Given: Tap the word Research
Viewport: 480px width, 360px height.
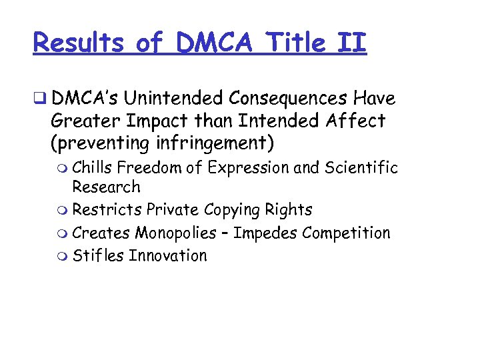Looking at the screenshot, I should tap(106, 187).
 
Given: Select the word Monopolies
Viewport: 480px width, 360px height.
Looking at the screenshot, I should tap(175, 233).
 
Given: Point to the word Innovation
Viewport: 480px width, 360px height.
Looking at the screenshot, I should tap(168, 256).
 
